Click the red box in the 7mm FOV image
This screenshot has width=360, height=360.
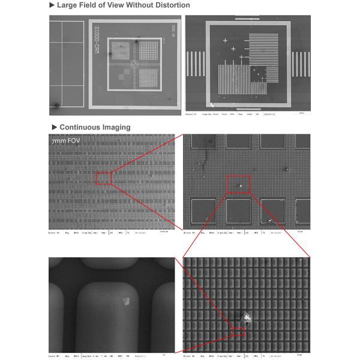104,178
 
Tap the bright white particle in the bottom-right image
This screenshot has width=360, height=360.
247,318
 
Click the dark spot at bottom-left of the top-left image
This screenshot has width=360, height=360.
56,106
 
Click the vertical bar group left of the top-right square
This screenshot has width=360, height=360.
194,60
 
